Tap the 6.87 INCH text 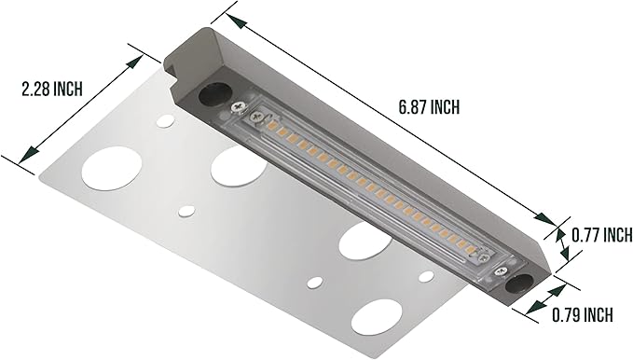(x=429, y=107)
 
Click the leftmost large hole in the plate (x=112, y=169)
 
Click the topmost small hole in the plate (x=165, y=120)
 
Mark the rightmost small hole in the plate (x=426, y=276)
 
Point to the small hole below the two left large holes (x=186, y=212)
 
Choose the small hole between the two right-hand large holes (x=315, y=282)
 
